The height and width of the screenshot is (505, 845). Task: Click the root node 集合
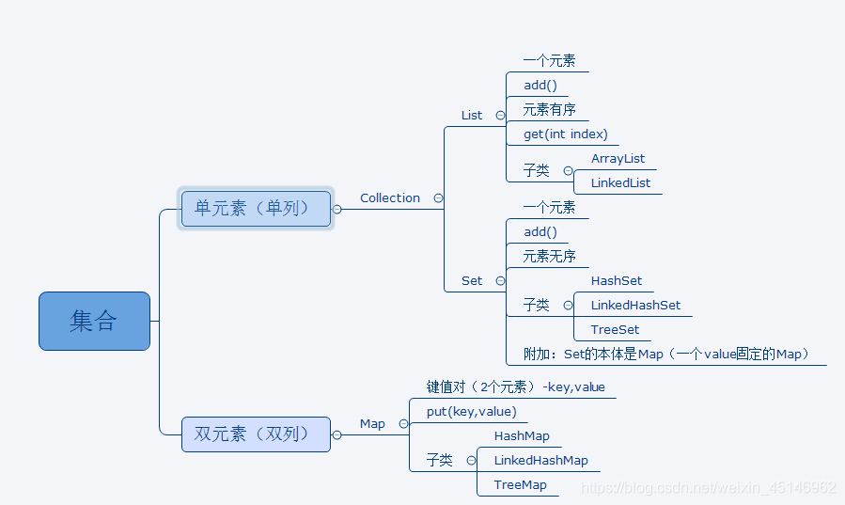click(x=94, y=321)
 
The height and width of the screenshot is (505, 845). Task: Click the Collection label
click(x=390, y=198)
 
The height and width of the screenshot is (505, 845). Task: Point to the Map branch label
click(x=372, y=424)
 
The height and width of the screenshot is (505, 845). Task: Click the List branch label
click(x=472, y=116)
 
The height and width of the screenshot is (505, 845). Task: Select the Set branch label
click(x=472, y=281)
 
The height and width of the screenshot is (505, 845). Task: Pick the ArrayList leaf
click(x=618, y=159)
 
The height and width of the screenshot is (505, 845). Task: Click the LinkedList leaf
click(x=620, y=183)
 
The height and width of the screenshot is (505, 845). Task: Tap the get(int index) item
click(x=566, y=134)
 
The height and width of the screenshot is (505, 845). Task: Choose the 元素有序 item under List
click(x=550, y=110)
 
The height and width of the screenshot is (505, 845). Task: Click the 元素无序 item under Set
click(x=550, y=257)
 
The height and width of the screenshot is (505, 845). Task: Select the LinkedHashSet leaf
click(x=635, y=306)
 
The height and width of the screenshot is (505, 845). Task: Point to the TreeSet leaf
click(x=615, y=330)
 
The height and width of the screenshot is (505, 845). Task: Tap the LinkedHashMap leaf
click(x=540, y=461)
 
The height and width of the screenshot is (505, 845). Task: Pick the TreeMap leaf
click(x=520, y=485)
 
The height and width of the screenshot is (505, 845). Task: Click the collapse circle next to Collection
click(x=438, y=198)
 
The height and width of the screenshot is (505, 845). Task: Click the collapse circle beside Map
click(x=403, y=424)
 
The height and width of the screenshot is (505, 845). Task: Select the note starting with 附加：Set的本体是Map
click(x=666, y=355)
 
